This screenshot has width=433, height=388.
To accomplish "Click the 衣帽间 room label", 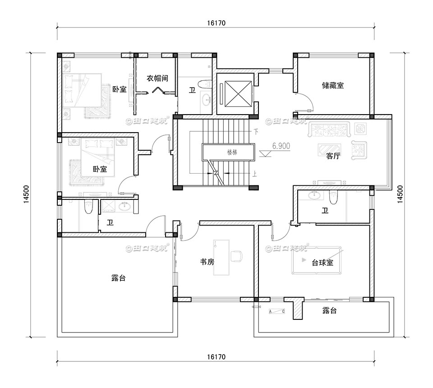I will point(157,78).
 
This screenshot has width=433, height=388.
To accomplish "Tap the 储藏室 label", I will point(333,85).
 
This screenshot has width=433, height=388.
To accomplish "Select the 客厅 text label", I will point(333,156).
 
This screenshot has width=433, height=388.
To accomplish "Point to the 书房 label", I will point(207,261).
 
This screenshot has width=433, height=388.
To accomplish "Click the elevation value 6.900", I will point(281,146).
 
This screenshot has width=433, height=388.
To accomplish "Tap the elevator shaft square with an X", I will point(234,92).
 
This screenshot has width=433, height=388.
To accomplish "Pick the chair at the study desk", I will point(236,255).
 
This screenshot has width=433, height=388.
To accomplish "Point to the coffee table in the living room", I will point(330,149).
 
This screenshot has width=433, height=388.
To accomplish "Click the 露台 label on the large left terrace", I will point(118,278).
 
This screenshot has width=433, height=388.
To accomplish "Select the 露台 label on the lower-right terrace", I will point(330,311).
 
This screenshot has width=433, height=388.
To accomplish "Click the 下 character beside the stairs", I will point(257,132).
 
